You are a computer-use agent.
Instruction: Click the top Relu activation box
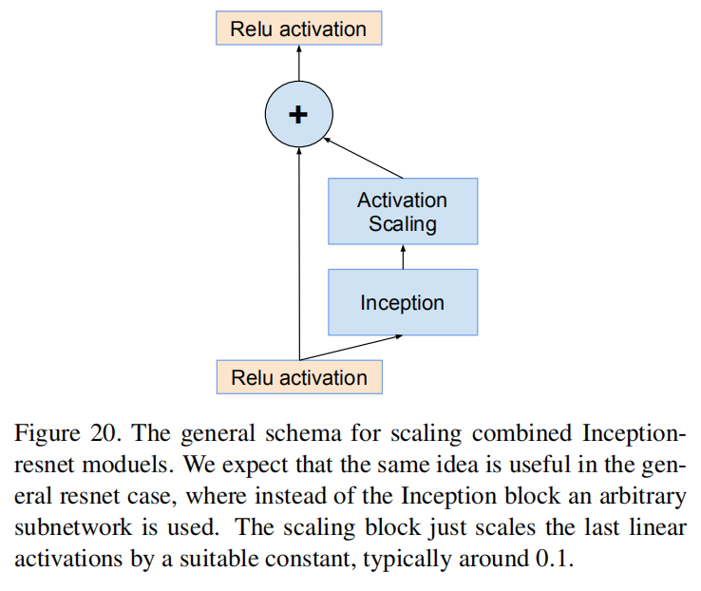pos(298,29)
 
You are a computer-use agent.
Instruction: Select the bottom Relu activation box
pos(298,377)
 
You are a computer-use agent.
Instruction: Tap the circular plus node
pos(298,115)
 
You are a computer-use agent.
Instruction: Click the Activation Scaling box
pos(402,212)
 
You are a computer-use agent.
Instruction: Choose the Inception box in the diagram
pos(402,303)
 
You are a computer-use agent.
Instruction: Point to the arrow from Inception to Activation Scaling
pos(403,257)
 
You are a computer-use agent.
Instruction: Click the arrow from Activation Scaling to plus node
pos(364,159)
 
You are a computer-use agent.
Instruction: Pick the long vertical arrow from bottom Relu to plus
pos(298,257)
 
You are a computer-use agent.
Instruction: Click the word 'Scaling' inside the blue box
pos(402,224)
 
